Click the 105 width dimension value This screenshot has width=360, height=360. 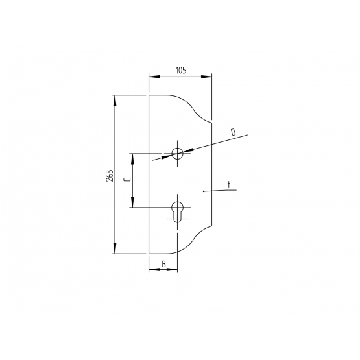(x=181, y=70)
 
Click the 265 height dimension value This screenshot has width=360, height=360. (x=110, y=176)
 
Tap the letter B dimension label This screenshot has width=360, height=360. (x=163, y=264)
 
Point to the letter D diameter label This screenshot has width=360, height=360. (x=234, y=132)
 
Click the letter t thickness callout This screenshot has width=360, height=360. (x=229, y=185)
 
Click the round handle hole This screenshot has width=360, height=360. (x=177, y=153)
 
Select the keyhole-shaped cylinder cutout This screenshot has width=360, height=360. (x=177, y=212)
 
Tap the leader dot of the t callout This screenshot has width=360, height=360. (x=204, y=191)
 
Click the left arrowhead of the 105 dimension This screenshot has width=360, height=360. (x=154, y=77)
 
